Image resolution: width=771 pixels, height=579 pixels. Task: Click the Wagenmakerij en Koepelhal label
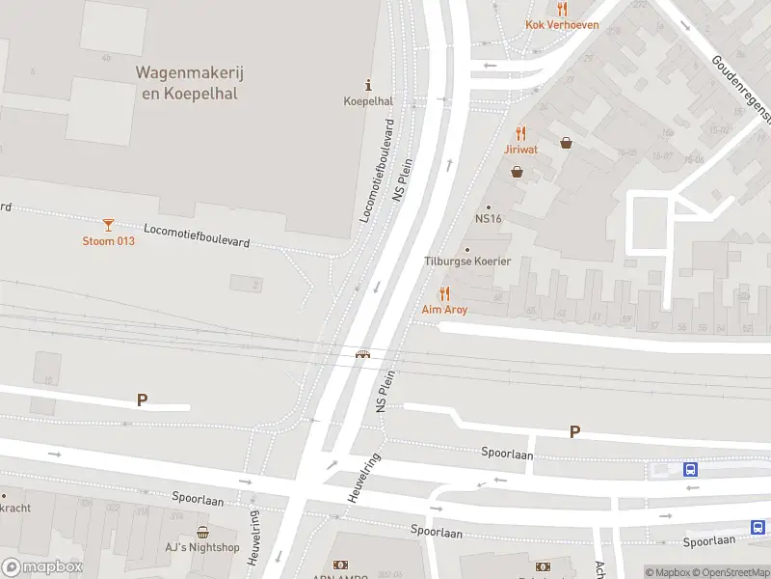[186, 83]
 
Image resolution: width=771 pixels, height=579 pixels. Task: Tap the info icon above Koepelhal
[367, 85]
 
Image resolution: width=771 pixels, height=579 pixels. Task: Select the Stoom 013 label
[108, 240]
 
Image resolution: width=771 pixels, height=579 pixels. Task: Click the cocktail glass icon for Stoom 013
[108, 225]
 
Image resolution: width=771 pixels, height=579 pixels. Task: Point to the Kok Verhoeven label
[562, 25]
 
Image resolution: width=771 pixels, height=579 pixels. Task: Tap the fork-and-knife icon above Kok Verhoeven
[562, 9]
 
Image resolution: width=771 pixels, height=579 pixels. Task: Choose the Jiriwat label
[520, 150]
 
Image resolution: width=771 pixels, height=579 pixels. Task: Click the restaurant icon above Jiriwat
[520, 133]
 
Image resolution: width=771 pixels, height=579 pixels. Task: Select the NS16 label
[489, 219]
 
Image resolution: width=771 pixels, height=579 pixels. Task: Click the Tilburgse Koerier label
[467, 262]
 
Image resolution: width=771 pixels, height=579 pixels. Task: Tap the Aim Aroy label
[444, 310]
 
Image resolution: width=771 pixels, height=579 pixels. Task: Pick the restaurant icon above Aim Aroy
[444, 293]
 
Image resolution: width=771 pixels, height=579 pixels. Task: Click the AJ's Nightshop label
[202, 547]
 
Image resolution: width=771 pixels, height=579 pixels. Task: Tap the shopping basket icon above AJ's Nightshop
[202, 532]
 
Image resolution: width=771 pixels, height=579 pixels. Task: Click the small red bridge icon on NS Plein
[362, 354]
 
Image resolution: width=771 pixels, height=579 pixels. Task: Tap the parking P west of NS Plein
[142, 400]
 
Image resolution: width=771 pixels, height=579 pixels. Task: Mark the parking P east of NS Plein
[574, 432]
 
